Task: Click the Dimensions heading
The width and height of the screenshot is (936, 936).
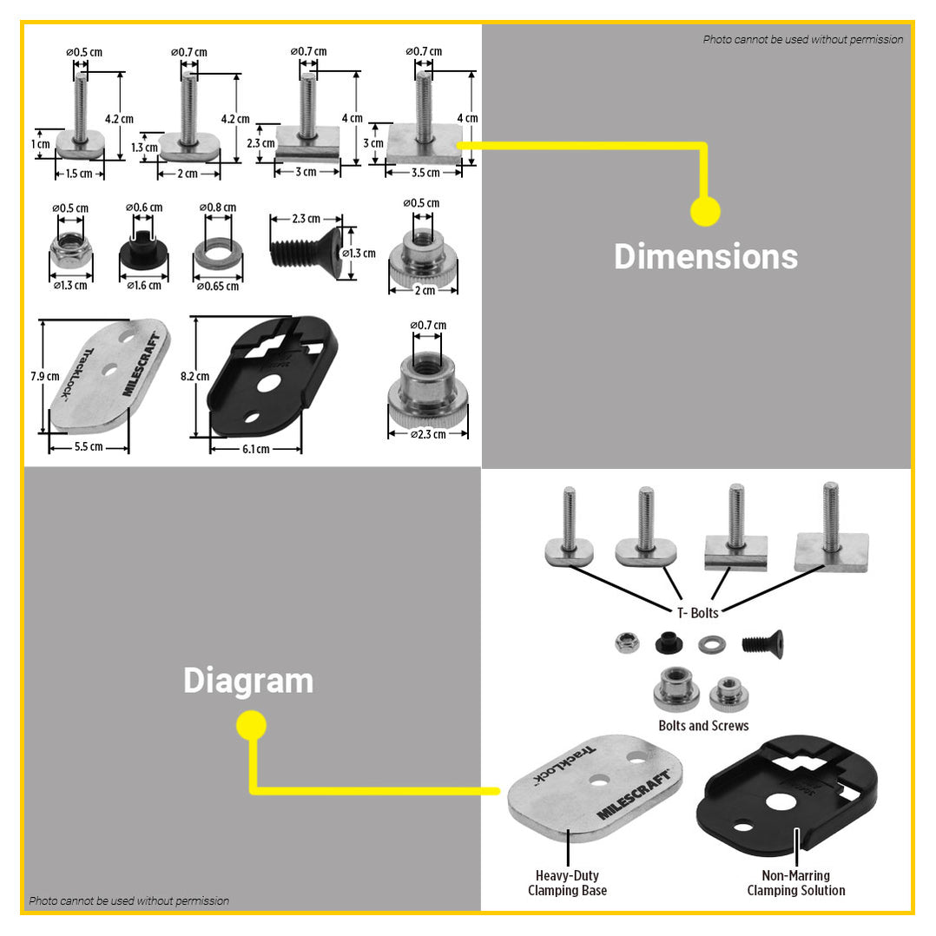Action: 705,257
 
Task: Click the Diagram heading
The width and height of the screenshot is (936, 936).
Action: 248,681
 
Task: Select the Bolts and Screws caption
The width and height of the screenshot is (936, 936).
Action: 703,726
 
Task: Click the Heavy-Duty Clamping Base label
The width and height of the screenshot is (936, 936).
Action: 567,883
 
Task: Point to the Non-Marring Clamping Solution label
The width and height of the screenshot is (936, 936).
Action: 795,883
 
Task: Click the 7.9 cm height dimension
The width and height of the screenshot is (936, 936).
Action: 45,377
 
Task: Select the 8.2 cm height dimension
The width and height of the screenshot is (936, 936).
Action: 195,377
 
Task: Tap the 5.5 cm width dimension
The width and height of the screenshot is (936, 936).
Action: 89,447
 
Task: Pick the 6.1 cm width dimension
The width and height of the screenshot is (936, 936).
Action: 255,449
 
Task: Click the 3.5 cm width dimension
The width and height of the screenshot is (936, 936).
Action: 425,173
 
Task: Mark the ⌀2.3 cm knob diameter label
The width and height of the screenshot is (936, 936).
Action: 427,434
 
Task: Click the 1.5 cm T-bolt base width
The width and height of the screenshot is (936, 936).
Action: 80,174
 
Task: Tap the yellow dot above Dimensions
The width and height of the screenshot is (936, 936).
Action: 705,211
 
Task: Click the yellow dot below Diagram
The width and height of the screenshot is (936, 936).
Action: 251,725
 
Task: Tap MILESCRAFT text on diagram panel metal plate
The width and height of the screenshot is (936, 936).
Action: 633,795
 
